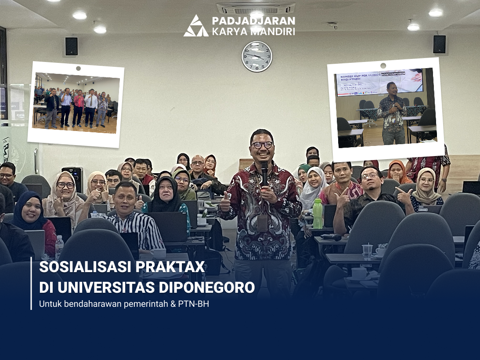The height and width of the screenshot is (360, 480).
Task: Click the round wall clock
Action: click(256, 56)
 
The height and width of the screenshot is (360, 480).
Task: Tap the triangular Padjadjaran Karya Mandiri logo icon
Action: click(196, 26)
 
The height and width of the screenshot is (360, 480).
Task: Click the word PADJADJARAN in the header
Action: click(253, 21)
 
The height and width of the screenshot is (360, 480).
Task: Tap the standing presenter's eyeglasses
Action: click(262, 145)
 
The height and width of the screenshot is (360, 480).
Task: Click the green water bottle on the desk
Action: click(318, 214)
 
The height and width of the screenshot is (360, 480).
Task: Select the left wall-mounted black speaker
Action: click(71, 46)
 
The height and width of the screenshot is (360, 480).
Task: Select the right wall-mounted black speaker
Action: click(439, 44)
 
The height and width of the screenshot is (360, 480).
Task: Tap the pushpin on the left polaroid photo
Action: click(78, 68)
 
